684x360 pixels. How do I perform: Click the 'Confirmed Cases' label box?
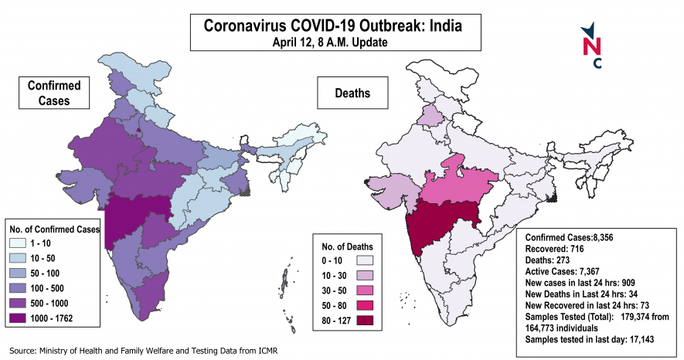coord(49,93)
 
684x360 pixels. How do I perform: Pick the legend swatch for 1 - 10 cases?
coord(22,242)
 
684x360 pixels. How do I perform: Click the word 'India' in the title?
coord(443,25)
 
